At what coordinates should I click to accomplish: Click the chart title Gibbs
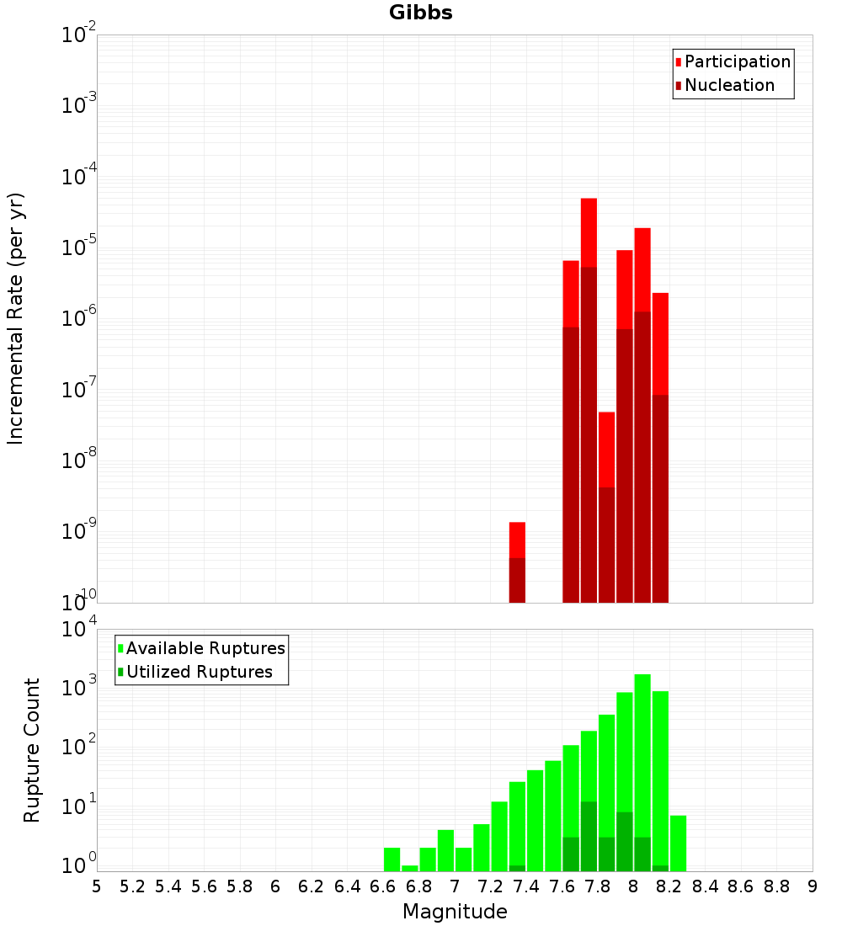(x=420, y=13)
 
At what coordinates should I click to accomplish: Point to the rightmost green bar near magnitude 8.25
(x=679, y=843)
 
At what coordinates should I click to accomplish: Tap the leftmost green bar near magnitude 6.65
(x=392, y=859)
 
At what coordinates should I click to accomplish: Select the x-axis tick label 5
(x=97, y=886)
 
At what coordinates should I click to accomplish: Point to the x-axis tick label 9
(x=813, y=886)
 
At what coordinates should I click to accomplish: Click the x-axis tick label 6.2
(x=312, y=886)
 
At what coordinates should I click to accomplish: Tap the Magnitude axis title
(x=455, y=912)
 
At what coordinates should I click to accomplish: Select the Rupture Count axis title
(x=32, y=750)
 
